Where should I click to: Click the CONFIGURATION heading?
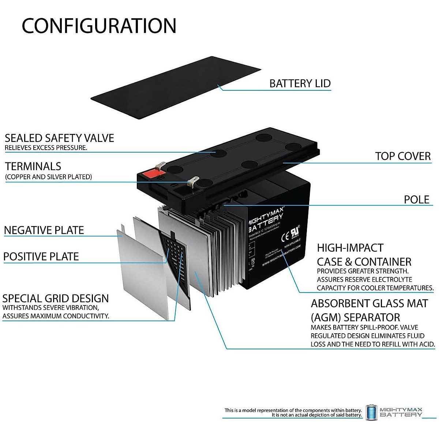coord(99,26)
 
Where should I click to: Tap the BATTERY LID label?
coord(300,83)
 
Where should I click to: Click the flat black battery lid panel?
coord(176,88)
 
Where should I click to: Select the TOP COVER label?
coord(403,156)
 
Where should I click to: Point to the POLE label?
coord(416,200)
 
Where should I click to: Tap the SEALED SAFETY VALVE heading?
coord(59,138)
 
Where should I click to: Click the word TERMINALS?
coord(33,166)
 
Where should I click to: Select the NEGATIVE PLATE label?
coord(44,230)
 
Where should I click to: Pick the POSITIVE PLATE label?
coord(41,257)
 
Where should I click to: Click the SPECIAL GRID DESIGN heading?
coord(56,299)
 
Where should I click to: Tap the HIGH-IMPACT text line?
coord(350,248)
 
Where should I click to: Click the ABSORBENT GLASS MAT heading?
coord(369,304)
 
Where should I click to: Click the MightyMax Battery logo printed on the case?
coord(266,219)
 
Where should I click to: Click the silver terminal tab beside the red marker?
coord(158,168)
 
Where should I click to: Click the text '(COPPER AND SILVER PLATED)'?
coord(48,177)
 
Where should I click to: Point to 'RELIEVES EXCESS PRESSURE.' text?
coord(46,148)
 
